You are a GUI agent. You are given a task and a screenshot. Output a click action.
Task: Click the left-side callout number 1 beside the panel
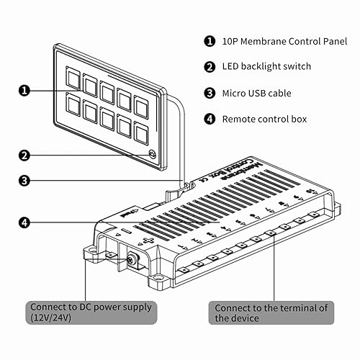pos(24,91)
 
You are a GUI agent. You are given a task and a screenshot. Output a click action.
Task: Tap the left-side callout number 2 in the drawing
pos(24,154)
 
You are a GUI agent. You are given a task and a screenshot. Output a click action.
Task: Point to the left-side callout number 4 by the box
pos(24,223)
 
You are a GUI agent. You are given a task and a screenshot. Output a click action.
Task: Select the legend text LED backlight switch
pos(266,67)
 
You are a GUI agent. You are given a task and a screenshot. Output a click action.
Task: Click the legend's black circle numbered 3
pos(210,93)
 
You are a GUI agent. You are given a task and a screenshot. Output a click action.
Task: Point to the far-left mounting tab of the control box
pos(92,252)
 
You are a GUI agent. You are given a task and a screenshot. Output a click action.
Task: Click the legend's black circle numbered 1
pos(210,41)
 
